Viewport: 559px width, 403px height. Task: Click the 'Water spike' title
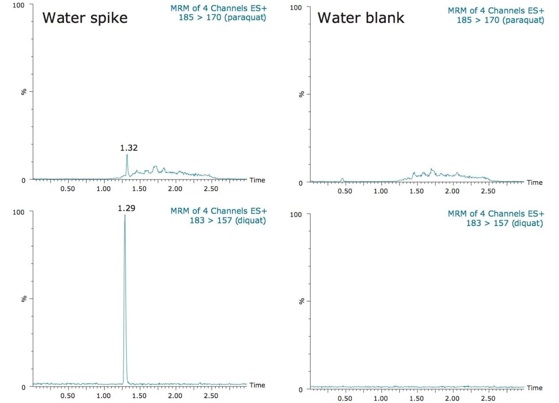pyautogui.click(x=85, y=18)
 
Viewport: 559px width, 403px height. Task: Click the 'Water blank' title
pyautogui.click(x=361, y=18)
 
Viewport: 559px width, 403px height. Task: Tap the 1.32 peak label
pyautogui.click(x=129, y=148)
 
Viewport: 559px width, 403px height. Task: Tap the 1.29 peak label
pyautogui.click(x=126, y=207)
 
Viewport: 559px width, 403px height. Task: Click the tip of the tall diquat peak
pyautogui.click(x=125, y=215)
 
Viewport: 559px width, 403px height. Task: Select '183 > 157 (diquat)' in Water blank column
pyautogui.click(x=504, y=223)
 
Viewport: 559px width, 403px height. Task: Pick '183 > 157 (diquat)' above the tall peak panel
pyautogui.click(x=228, y=220)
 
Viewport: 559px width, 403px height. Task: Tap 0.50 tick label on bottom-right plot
pyautogui.click(x=345, y=399)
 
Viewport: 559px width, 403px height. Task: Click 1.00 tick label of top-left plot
pyautogui.click(x=103, y=188)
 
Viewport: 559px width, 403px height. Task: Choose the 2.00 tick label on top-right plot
pyautogui.click(x=452, y=191)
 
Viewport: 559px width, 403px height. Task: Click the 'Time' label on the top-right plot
pyautogui.click(x=534, y=182)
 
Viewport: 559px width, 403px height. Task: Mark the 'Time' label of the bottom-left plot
pyautogui.click(x=257, y=385)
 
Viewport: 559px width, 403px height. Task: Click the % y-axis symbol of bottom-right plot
pyautogui.click(x=301, y=301)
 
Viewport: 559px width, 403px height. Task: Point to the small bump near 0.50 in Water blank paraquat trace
pyautogui.click(x=342, y=179)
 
